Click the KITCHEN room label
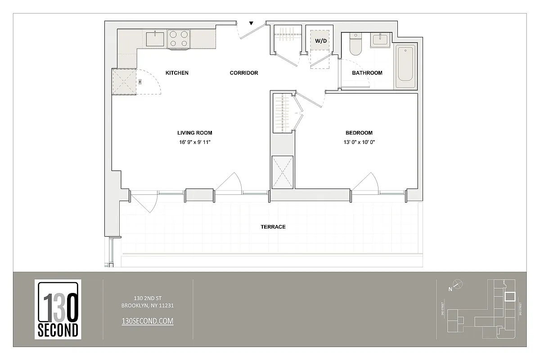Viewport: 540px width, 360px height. click(177, 73)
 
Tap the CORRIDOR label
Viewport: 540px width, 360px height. click(244, 73)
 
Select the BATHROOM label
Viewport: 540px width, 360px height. click(367, 73)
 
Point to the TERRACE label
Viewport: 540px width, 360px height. click(273, 227)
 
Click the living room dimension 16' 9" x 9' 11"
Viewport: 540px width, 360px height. click(194, 142)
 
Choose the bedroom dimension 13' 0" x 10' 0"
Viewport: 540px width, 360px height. click(360, 142)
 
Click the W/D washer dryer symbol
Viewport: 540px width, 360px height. click(321, 41)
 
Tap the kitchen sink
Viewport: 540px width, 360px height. click(155, 38)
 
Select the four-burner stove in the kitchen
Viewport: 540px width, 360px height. click(178, 39)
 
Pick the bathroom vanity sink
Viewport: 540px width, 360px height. click(380, 40)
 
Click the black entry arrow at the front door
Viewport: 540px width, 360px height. click(252, 23)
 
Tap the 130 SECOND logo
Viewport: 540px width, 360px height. click(58, 309)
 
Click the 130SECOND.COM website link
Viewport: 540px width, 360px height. click(148, 321)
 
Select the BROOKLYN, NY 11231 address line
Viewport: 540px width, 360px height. click(148, 306)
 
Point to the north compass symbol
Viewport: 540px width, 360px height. click(458, 284)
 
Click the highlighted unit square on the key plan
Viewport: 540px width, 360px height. click(510, 297)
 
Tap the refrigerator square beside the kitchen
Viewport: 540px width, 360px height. click(124, 82)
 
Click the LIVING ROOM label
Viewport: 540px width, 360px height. click(194, 133)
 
